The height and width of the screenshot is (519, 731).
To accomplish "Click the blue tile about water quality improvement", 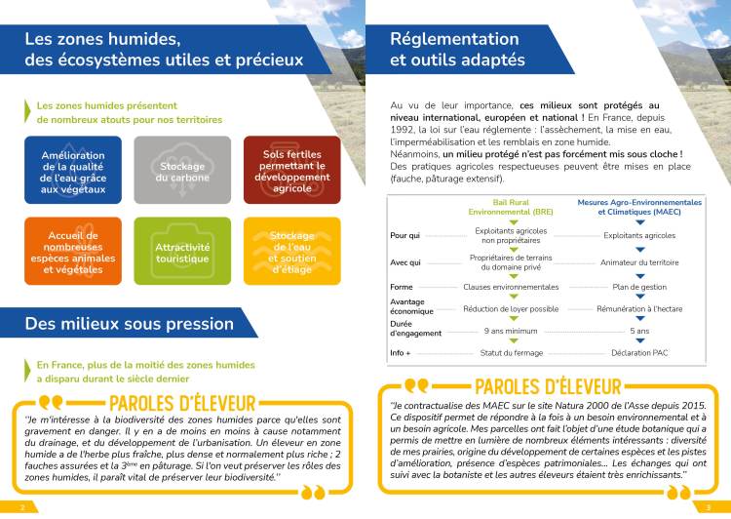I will pyautogui.click(x=73, y=170).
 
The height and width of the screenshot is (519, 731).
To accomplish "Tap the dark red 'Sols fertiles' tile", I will pyautogui.click(x=292, y=170).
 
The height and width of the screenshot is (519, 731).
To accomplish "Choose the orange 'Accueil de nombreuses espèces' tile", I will pyautogui.click(x=73, y=252).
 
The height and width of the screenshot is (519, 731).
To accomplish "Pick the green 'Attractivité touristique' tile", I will pyautogui.click(x=182, y=252).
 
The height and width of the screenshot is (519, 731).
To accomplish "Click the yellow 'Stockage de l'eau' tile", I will pyautogui.click(x=292, y=252).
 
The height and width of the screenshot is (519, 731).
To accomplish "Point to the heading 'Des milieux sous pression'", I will pyautogui.click(x=130, y=323).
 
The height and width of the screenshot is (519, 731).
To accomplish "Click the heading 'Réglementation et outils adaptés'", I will pyautogui.click(x=457, y=49).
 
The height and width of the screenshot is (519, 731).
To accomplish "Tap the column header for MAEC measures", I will pyautogui.click(x=639, y=207).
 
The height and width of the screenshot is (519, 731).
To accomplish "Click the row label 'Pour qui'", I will pyautogui.click(x=405, y=235).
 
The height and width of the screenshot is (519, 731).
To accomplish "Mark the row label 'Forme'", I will pyautogui.click(x=402, y=287).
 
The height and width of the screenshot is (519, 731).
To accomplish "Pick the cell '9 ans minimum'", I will pyautogui.click(x=511, y=332).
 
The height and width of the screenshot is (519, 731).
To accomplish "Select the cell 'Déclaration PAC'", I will pyautogui.click(x=639, y=352).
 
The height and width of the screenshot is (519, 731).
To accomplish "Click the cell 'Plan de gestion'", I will pyautogui.click(x=639, y=287).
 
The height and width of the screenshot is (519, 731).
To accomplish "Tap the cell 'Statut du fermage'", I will pyautogui.click(x=511, y=352).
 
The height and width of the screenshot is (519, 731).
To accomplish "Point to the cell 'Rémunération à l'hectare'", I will pyautogui.click(x=639, y=308).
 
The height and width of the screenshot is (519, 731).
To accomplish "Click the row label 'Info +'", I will pyautogui.click(x=401, y=352).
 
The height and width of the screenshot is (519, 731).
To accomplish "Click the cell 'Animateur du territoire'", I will pyautogui.click(x=639, y=261).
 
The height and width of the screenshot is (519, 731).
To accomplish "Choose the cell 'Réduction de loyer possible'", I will pyautogui.click(x=511, y=308).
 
